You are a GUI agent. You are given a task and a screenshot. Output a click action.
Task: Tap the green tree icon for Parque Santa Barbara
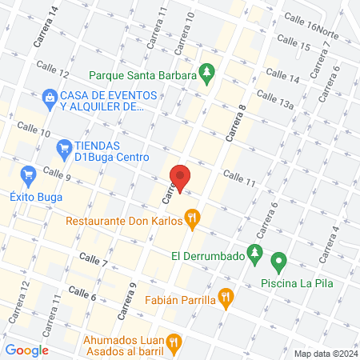pos(207,74)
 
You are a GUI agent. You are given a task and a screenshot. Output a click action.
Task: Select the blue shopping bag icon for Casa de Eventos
pos(50,96)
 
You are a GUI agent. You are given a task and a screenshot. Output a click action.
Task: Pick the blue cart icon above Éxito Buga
pos(29,174)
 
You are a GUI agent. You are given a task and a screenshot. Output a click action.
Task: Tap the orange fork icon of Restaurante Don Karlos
pos(192,217)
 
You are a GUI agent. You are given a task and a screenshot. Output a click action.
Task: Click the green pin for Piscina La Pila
pos(278,261)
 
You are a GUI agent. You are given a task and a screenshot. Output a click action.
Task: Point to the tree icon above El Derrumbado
pos(254,254)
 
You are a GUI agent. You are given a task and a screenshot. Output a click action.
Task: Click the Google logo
pos(26,350)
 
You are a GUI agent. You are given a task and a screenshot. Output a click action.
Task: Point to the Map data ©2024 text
pos(324,353)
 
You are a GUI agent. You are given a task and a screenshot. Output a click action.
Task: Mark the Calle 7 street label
pos(94,260)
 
